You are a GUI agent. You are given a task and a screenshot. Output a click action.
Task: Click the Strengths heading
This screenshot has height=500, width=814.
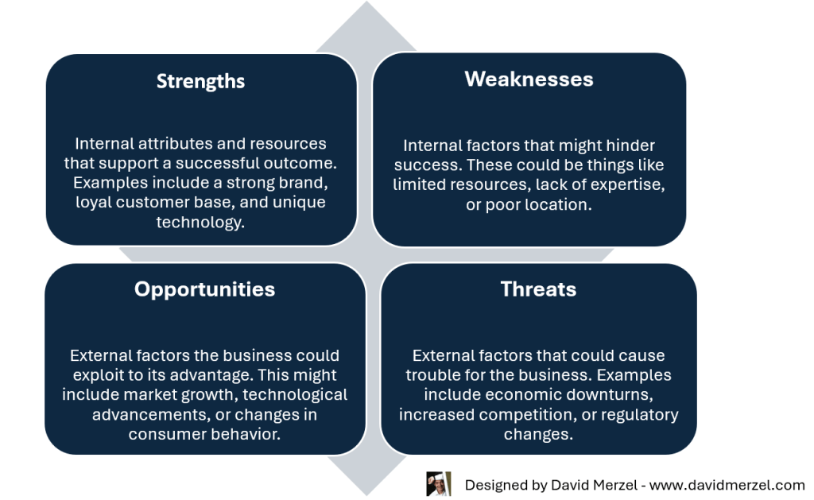click(x=200, y=82)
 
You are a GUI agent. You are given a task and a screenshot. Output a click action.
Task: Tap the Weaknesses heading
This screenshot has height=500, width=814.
click(x=529, y=79)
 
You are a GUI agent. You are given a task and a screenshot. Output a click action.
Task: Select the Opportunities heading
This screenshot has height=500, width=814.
click(x=204, y=289)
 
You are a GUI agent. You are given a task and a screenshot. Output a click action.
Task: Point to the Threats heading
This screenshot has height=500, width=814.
click(x=538, y=289)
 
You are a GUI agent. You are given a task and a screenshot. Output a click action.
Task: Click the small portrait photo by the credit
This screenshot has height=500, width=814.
click(x=439, y=484)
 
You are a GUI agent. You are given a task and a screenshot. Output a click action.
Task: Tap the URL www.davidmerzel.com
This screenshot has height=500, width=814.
click(x=727, y=485)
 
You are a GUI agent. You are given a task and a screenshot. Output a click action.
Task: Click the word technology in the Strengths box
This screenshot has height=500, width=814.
click(x=200, y=223)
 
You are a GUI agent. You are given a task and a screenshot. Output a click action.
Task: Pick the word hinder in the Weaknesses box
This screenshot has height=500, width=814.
click(x=630, y=145)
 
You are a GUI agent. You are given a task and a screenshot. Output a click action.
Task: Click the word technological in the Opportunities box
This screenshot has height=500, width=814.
click(x=295, y=394)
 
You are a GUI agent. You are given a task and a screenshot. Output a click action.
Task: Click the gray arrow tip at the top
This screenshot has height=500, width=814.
click(x=366, y=3)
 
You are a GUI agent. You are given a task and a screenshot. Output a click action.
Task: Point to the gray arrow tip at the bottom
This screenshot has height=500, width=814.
click(x=366, y=494)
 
